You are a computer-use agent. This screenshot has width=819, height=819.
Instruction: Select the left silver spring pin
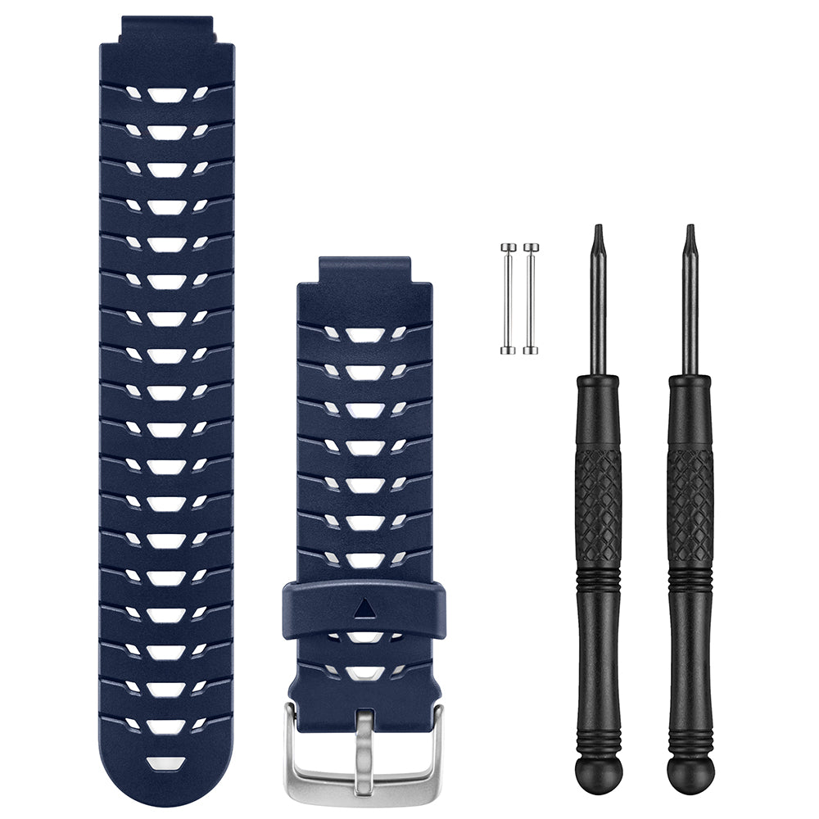pos(508,299)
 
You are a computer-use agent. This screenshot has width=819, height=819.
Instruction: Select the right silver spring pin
pos(531,299)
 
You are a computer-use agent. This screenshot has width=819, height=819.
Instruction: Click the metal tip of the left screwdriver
pos(598,233)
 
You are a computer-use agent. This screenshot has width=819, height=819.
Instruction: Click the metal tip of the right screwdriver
pos(690,233)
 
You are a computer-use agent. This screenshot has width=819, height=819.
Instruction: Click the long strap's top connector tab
pos(168,29)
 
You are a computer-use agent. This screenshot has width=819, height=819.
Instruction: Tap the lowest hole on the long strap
pos(167,763)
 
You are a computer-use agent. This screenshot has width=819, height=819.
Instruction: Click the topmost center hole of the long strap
pos(167,95)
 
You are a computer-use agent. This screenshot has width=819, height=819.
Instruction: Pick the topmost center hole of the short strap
pos(364,334)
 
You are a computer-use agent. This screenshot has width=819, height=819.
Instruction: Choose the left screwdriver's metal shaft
pos(598,311)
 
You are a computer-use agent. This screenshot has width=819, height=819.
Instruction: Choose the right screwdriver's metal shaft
pos(690,311)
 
